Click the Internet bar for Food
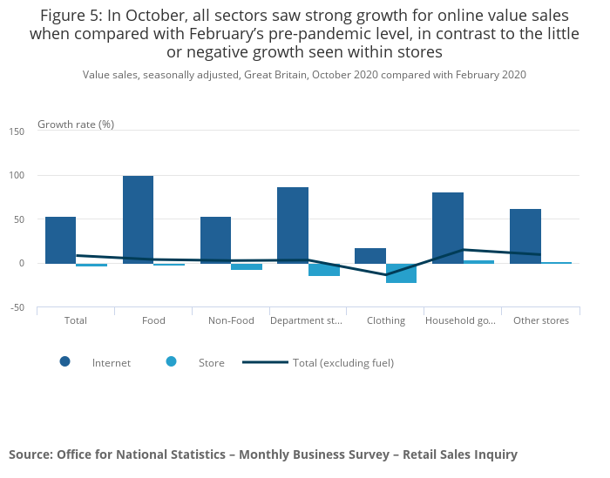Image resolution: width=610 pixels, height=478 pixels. (138, 219)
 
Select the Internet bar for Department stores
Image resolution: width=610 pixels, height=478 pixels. (293, 225)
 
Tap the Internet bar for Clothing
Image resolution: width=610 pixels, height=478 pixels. (370, 255)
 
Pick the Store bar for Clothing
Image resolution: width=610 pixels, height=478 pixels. (401, 273)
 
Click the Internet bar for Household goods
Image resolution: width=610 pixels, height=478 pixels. (448, 227)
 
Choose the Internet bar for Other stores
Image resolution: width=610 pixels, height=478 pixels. (525, 236)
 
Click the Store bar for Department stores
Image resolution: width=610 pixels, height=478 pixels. (323, 269)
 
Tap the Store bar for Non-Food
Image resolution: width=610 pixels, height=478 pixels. (246, 266)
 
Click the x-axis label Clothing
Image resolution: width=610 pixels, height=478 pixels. (385, 320)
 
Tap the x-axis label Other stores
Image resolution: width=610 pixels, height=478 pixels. (540, 320)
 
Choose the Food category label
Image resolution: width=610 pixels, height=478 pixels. (153, 320)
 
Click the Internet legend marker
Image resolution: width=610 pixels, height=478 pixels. (65, 362)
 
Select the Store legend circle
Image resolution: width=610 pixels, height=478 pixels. (172, 362)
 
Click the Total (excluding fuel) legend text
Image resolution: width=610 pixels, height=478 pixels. (342, 363)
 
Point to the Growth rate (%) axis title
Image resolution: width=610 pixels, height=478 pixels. (76, 125)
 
